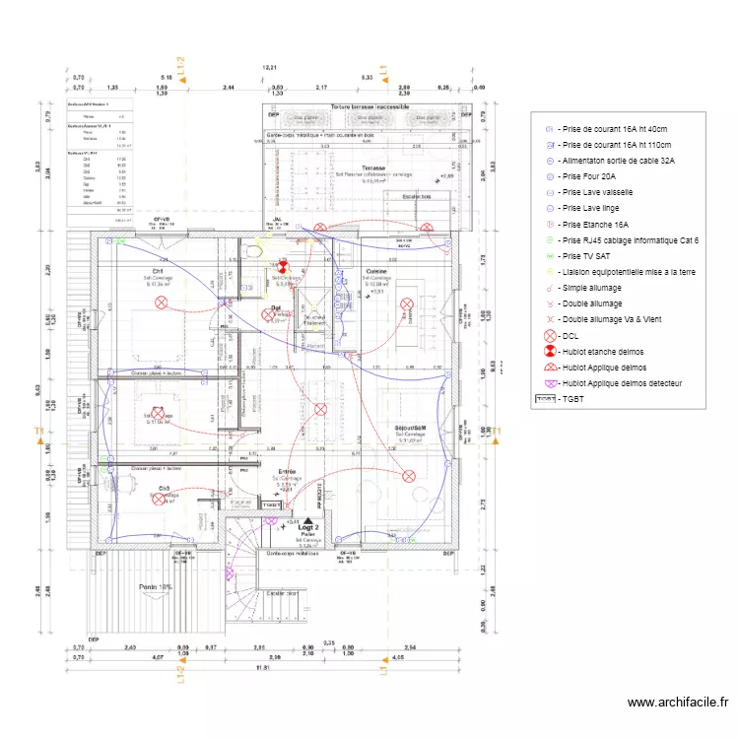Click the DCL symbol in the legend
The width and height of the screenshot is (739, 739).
coord(550,335)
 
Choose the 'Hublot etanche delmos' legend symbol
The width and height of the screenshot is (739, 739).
coord(550,351)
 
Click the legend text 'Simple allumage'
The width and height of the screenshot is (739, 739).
coord(596,287)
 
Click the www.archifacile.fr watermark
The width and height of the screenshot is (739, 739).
coord(677,703)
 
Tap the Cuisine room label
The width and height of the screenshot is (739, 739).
coord(376,270)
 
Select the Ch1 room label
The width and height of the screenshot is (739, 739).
coord(157,271)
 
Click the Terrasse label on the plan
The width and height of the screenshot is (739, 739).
coord(372,168)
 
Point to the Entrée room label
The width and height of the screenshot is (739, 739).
coord(288,472)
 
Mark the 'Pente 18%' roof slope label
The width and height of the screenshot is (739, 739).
coord(155,586)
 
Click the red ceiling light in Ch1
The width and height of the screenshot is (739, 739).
coord(162,304)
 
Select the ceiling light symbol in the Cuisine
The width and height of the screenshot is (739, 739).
coord(405,316)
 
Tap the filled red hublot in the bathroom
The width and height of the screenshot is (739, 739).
coord(281,267)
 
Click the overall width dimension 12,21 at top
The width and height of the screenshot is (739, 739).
coord(270,66)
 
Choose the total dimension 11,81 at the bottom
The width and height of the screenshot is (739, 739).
coord(262,669)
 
